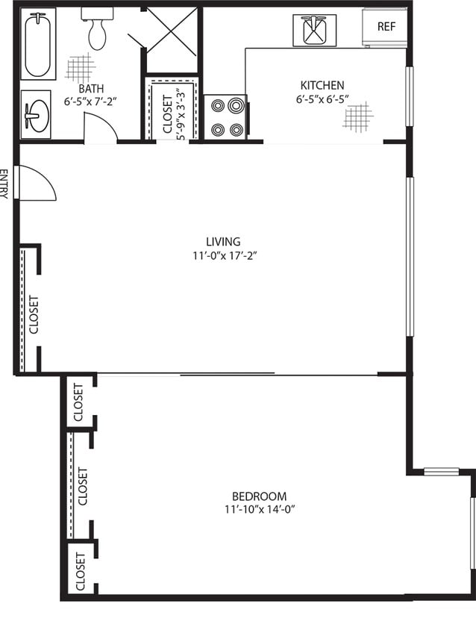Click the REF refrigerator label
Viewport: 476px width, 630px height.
click(386, 27)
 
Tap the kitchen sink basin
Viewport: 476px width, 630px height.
click(314, 31)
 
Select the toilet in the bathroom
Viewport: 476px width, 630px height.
click(97, 28)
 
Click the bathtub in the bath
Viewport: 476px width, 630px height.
click(38, 45)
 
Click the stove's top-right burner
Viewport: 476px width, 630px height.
click(237, 106)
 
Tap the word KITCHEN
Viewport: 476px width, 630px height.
click(322, 85)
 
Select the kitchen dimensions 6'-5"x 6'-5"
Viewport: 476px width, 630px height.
click(322, 99)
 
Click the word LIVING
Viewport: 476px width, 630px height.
click(223, 241)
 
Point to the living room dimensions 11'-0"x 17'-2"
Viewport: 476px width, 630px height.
click(225, 255)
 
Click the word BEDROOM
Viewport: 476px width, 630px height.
click(260, 496)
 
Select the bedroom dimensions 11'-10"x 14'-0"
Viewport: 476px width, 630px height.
click(260, 510)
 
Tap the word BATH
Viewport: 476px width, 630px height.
click(91, 88)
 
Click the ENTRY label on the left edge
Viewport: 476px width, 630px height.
click(3, 184)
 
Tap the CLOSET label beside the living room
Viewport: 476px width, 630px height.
click(34, 314)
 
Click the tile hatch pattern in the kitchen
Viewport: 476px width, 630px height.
click(357, 117)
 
